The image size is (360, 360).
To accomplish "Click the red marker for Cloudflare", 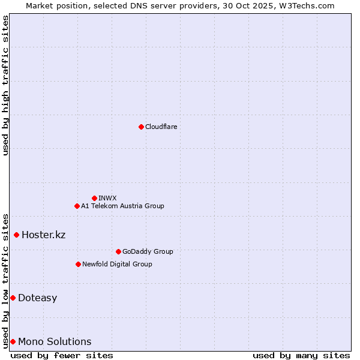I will click(141, 127).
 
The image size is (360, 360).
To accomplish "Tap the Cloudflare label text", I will click(161, 127).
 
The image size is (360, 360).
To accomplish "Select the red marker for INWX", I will click(94, 198).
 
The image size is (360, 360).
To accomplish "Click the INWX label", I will click(107, 198).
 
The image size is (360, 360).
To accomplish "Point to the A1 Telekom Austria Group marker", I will click(77, 206).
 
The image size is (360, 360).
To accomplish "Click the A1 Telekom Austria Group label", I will click(122, 206).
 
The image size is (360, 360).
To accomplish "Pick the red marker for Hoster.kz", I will click(16, 235).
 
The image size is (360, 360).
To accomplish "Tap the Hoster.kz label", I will click(43, 235).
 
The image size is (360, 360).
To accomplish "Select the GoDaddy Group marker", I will click(118, 251).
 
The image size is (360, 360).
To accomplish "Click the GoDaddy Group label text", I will click(147, 251).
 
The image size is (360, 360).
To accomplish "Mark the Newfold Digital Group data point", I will click(78, 264).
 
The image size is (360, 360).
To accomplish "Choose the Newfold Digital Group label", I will click(117, 264).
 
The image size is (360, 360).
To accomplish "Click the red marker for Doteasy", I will click(13, 298).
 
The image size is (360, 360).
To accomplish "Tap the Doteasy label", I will click(37, 298).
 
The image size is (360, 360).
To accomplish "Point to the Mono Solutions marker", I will click(13, 341).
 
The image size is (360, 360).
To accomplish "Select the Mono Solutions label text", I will click(55, 342).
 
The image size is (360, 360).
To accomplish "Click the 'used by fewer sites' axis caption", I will click(62, 355).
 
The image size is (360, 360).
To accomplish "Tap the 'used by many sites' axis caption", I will click(301, 355).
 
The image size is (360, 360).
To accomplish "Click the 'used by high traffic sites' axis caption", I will click(5, 85).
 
